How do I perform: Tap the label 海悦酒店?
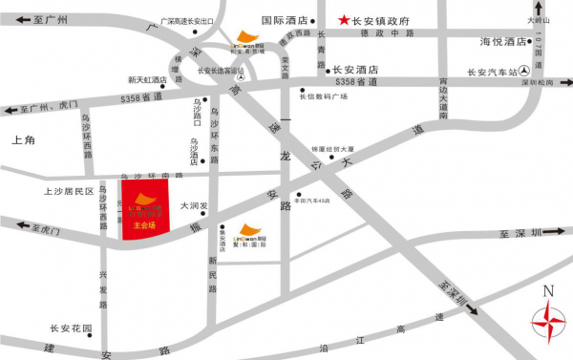pyautogui.click(x=503, y=42)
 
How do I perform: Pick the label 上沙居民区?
pyautogui.click(x=66, y=191)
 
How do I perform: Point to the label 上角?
pyautogui.click(x=23, y=140)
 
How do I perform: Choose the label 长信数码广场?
pyautogui.click(x=323, y=95)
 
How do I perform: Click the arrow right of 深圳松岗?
pyautogui.click(x=563, y=84)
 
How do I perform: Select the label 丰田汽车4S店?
pyautogui.click(x=311, y=201)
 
